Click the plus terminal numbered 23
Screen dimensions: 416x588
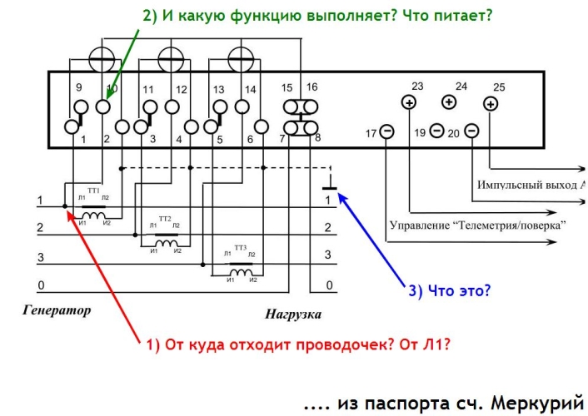(x=409, y=102)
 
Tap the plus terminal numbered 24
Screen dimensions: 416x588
(x=449, y=102)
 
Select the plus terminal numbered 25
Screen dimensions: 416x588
(x=491, y=103)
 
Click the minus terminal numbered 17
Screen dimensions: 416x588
(x=387, y=131)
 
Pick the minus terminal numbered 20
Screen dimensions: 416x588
(x=471, y=131)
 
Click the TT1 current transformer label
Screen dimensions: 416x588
(x=93, y=191)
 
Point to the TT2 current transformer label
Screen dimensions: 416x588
(x=165, y=219)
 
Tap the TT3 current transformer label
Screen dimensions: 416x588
(x=241, y=248)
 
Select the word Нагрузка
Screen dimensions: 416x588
(x=293, y=315)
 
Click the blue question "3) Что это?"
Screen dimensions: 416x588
(x=448, y=291)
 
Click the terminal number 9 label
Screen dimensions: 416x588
(x=79, y=87)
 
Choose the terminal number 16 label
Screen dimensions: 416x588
(x=311, y=87)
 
